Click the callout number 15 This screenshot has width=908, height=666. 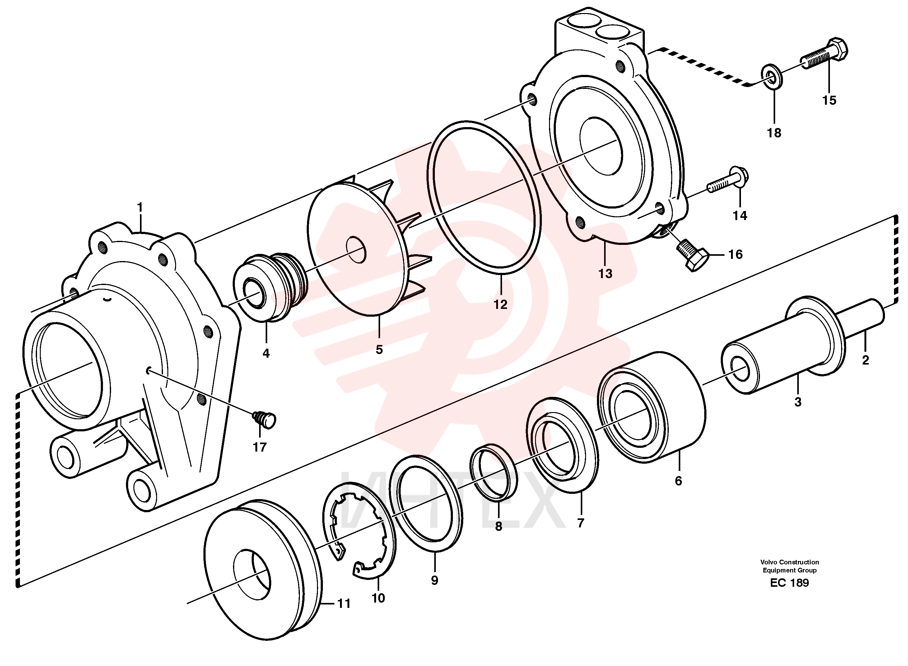point(829,100)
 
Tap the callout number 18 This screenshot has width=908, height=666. point(774,133)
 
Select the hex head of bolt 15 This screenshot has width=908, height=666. point(837,50)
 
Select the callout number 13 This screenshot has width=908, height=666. point(605,274)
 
